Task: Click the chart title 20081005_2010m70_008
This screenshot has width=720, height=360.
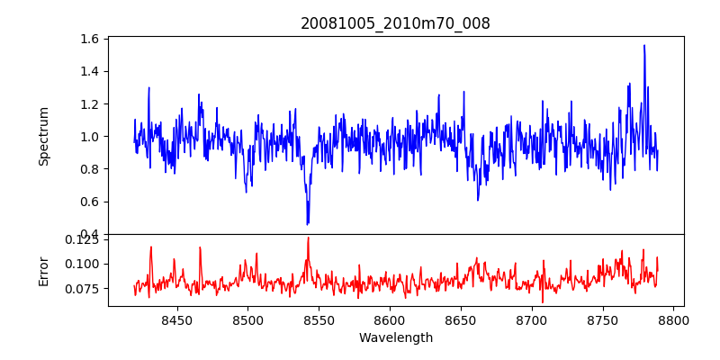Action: (395, 23)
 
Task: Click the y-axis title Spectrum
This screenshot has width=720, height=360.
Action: (43, 136)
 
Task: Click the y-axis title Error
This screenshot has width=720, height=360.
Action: (43, 270)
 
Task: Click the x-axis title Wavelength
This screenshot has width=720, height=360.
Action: (395, 338)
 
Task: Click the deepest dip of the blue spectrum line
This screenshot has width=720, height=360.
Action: (308, 224)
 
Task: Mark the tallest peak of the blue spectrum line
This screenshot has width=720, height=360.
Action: (644, 45)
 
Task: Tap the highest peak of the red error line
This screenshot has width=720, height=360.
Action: (308, 238)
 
